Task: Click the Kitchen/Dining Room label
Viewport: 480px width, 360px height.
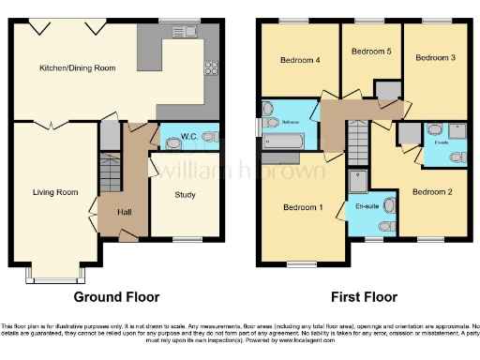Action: point(77,68)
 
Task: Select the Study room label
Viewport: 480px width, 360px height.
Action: point(186,195)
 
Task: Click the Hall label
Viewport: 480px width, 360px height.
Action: point(124,213)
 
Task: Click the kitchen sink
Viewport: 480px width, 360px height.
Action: point(184,31)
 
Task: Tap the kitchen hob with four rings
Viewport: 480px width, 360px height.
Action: point(211,68)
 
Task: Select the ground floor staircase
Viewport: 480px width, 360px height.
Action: point(111,174)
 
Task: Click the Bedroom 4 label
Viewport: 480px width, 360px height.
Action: point(301,60)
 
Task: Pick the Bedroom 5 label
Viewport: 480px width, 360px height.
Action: point(370,52)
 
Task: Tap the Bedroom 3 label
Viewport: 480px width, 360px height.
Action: point(435,57)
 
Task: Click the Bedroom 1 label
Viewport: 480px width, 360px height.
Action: point(301,206)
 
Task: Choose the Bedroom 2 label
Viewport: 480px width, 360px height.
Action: point(432,192)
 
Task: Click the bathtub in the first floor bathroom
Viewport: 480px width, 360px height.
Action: point(285,142)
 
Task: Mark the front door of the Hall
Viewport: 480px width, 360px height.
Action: point(127,238)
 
